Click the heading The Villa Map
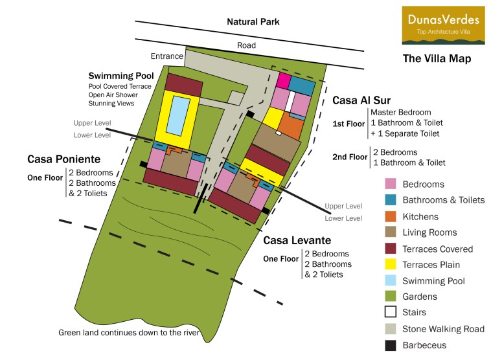click(x=437, y=59)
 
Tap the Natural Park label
click(x=253, y=22)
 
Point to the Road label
click(x=246, y=45)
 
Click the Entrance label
click(x=166, y=56)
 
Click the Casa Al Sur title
click(x=363, y=100)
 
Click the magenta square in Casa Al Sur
click(x=282, y=81)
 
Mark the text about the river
click(x=129, y=333)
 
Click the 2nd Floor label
click(x=349, y=157)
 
